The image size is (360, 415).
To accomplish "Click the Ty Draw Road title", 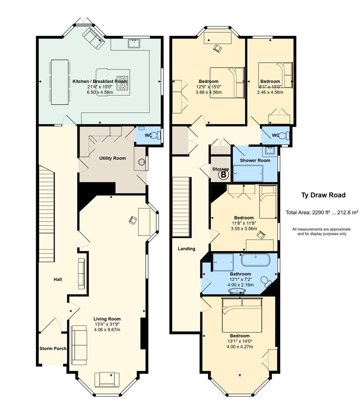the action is click(323, 195).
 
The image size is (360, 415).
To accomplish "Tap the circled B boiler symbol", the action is click(223, 175).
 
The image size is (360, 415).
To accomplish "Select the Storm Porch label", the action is click(53, 348).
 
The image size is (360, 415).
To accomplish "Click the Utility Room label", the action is click(113, 158).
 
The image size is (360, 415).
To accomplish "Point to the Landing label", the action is click(187, 249).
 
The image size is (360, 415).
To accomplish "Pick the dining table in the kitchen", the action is click(60, 82).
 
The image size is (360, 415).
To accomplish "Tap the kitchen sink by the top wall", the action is click(135, 43).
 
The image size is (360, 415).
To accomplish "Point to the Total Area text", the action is click(322, 212).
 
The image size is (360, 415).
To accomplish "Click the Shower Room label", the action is click(255, 160).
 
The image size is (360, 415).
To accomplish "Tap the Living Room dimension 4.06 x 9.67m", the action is click(107, 330).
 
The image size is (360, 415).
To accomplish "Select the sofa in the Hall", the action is click(82, 274).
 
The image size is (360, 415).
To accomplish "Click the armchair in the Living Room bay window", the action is click(107, 380).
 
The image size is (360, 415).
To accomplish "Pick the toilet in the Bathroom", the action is click(266, 281).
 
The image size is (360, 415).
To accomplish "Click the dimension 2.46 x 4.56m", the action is click(270, 92).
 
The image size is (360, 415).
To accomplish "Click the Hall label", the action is click(58, 279).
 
